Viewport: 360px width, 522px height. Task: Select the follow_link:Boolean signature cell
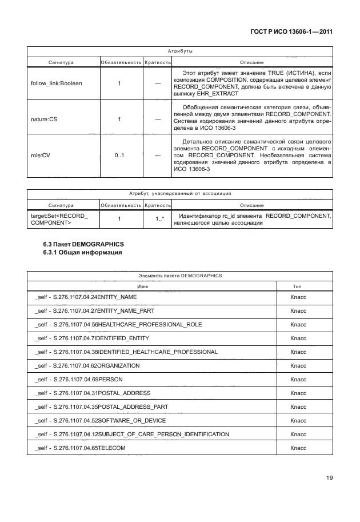pyautogui.click(x=56, y=83)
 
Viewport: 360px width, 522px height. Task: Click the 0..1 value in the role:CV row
pyautogui.click(x=119, y=155)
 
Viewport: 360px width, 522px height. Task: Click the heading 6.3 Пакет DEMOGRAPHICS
pyautogui.click(x=83, y=245)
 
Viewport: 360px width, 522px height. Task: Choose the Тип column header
pyautogui.click(x=297, y=286)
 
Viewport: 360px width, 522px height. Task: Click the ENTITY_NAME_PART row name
pyautogui.click(x=94, y=311)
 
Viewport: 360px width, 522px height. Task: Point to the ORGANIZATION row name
pyautogui.click(x=87, y=365)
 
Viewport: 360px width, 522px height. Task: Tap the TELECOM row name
pyautogui.click(x=80, y=448)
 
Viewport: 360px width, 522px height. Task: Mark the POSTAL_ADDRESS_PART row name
pyautogui.click(x=100, y=407)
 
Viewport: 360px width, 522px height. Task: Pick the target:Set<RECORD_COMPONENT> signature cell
pyautogui.click(x=56, y=219)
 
